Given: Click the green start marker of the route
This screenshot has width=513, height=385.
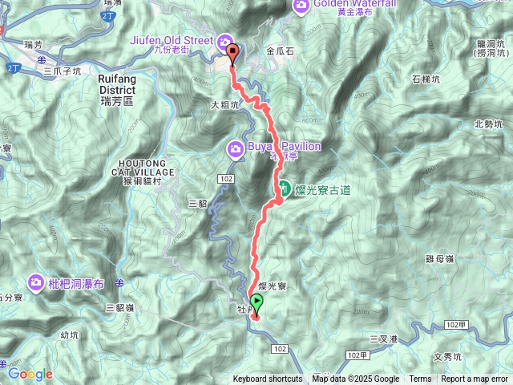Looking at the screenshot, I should click(x=256, y=302).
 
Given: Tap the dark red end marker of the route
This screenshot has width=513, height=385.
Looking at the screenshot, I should click(x=233, y=53).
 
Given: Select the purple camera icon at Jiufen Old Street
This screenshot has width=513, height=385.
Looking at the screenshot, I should click(x=225, y=42).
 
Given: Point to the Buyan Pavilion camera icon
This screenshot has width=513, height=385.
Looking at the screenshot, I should click(x=236, y=148).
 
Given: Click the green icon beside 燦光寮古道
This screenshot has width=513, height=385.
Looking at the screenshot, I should click(x=284, y=189).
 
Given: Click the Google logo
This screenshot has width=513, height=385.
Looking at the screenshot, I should click(x=30, y=374).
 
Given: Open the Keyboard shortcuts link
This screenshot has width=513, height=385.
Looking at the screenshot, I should click(x=268, y=379).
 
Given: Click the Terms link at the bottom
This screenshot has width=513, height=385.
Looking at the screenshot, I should click(x=420, y=379).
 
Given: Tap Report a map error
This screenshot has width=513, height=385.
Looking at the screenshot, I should click(x=475, y=379).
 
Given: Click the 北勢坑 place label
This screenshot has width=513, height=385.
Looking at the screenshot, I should click(x=488, y=124).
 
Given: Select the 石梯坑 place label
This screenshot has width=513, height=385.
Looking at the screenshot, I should click(x=426, y=79).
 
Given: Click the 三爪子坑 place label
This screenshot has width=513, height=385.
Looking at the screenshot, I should click(x=63, y=71).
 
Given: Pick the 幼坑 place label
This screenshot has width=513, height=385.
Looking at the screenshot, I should click(x=71, y=335).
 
